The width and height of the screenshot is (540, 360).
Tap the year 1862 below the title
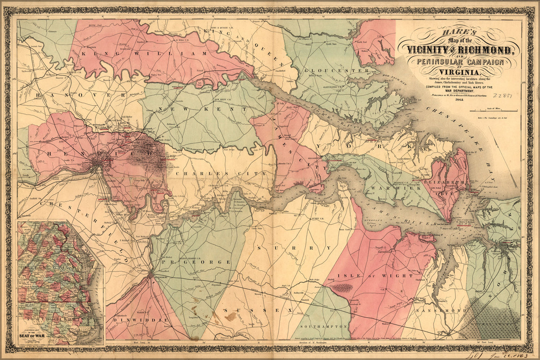(460, 100)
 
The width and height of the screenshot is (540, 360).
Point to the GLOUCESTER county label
(337, 71)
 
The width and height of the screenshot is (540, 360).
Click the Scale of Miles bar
(494, 111)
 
